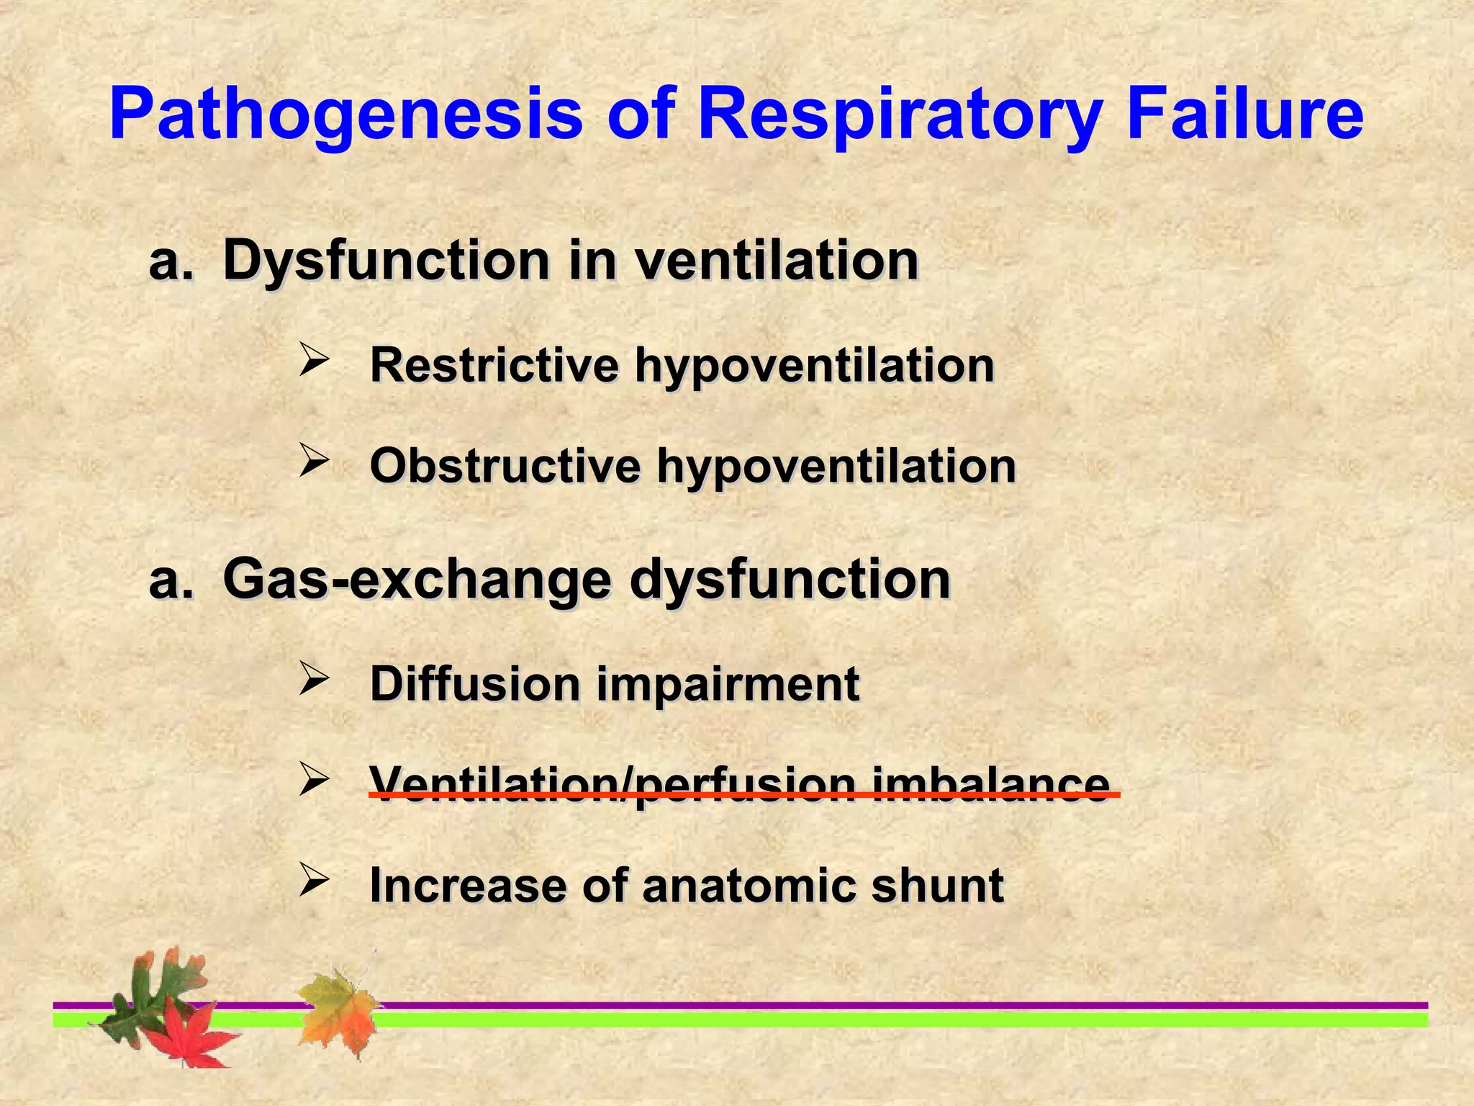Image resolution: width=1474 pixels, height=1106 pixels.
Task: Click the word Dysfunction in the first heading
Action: (x=386, y=261)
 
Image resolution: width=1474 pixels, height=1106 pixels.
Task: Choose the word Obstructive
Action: (x=505, y=467)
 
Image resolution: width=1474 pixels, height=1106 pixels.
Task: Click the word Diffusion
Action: (x=475, y=684)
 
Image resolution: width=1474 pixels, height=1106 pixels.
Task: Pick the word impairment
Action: (x=728, y=684)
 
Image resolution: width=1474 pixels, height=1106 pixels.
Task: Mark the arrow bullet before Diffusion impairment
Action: (x=314, y=678)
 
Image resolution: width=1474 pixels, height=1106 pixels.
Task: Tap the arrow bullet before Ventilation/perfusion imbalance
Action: (x=314, y=778)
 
